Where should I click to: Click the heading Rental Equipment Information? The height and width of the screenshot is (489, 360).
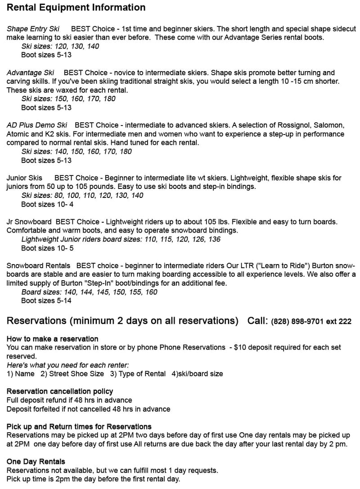point(76,8)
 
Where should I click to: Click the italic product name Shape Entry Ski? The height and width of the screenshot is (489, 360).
point(33,29)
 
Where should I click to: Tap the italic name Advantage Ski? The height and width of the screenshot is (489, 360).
point(30,72)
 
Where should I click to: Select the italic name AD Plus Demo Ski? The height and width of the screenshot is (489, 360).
point(37,125)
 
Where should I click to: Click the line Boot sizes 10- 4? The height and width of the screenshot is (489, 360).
point(47,204)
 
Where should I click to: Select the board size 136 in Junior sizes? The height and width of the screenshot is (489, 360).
point(214,239)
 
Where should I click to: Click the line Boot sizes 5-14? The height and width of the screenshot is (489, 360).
point(46,301)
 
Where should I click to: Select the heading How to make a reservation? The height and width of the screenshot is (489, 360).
point(52,338)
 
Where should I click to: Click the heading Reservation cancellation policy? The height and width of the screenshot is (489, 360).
point(60,391)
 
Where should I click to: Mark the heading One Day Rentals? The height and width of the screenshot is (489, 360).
point(36,462)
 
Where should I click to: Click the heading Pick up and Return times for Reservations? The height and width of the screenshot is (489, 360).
point(79,426)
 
